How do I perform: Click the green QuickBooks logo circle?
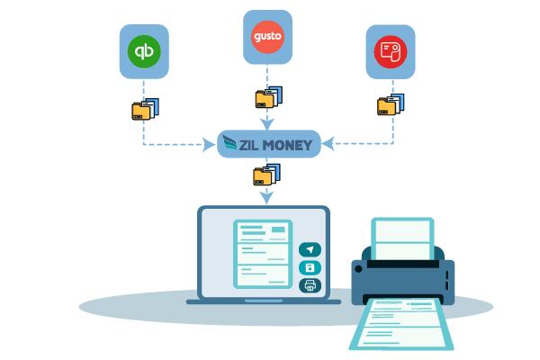coord(145,51)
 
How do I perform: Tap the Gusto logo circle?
coord(267,37)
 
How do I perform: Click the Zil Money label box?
coord(269,143)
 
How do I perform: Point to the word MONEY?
coord(283,143)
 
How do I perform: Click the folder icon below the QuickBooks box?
coord(144,110)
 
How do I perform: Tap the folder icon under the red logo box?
coord(391,104)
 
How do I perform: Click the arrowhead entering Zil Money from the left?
coord(212,143)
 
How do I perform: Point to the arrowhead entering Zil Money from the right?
coord(328,143)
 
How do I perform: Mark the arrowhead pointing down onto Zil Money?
coord(267,124)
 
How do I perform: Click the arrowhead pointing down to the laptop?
coord(266,197)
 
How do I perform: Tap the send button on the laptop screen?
coord(310,250)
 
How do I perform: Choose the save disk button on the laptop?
coord(310,268)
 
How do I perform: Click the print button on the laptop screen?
coord(310,286)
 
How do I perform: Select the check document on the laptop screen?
coord(263,254)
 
